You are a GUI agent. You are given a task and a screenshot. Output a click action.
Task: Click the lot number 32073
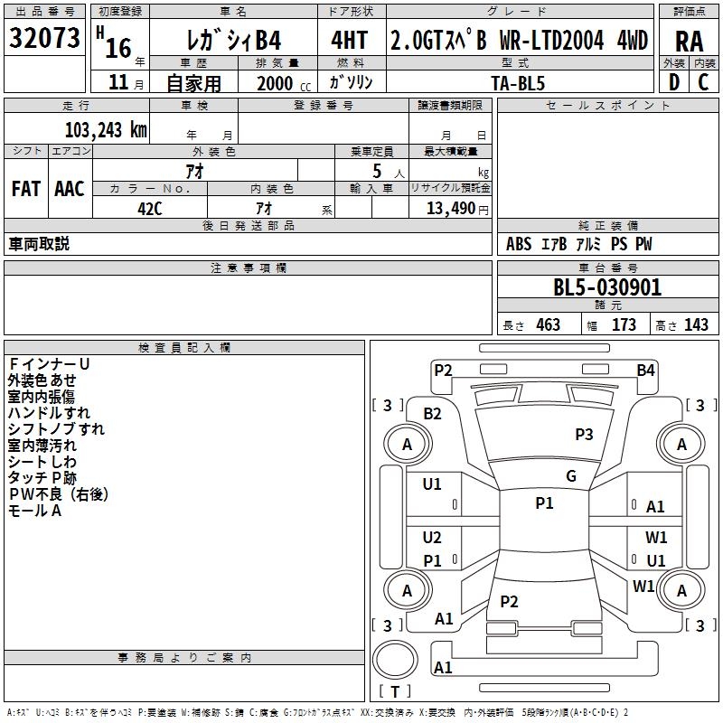45,39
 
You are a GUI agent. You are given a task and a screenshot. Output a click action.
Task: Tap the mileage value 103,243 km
106,130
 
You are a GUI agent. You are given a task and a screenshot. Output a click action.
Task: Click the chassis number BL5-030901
607,288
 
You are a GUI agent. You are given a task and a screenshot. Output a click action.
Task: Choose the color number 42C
149,208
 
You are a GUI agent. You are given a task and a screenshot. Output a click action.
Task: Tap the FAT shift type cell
25,189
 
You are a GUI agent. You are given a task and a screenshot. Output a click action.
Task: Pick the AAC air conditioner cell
70,189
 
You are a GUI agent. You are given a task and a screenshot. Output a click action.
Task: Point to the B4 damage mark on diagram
645,370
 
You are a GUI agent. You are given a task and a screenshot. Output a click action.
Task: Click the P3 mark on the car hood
584,435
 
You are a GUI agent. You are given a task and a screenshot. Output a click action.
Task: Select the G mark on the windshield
570,476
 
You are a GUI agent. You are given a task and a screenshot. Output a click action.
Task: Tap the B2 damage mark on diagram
432,414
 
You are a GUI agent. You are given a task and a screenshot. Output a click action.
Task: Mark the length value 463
547,325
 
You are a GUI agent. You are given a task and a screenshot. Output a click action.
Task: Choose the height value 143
696,325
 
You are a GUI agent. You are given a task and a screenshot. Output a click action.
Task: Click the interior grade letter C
703,82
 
